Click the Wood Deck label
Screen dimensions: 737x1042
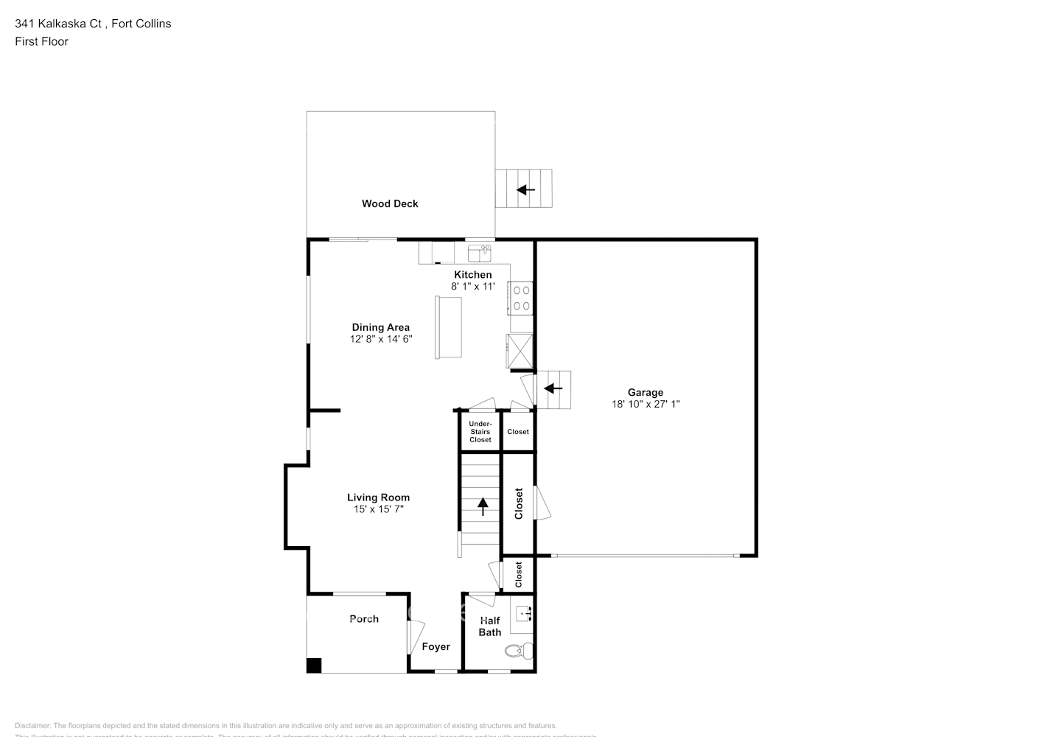pyautogui.click(x=389, y=203)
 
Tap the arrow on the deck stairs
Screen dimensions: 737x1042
pyautogui.click(x=525, y=190)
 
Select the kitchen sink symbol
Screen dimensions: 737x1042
pyautogui.click(x=480, y=254)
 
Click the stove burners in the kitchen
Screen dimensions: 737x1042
pyautogui.click(x=522, y=298)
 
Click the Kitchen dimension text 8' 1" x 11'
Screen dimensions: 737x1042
pyautogui.click(x=472, y=286)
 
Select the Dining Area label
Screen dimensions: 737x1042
pyautogui.click(x=380, y=327)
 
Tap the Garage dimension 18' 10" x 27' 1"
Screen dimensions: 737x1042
pyautogui.click(x=645, y=404)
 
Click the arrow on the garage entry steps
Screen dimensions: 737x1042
pyautogui.click(x=553, y=388)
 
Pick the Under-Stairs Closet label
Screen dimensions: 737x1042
pyautogui.click(x=480, y=431)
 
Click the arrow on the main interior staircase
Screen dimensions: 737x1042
pyautogui.click(x=483, y=506)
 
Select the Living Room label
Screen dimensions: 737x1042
pyautogui.click(x=378, y=497)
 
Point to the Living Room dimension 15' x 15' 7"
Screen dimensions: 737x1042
pyautogui.click(x=378, y=509)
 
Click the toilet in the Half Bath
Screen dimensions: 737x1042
pyautogui.click(x=520, y=650)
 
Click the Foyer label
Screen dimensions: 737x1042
pyautogui.click(x=436, y=646)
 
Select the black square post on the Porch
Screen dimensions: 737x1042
pyautogui.click(x=314, y=665)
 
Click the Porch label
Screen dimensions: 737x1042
pyautogui.click(x=364, y=619)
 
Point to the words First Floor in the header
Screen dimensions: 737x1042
pyautogui.click(x=41, y=41)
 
